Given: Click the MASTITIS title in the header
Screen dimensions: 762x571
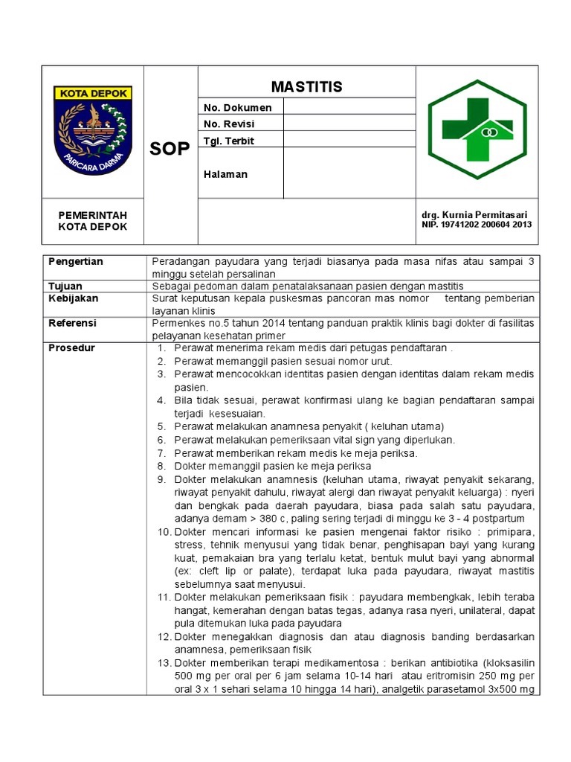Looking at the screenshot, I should point(306,87).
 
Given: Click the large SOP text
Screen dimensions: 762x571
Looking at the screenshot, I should point(170,148).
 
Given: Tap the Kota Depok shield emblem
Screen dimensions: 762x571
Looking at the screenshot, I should point(93,130).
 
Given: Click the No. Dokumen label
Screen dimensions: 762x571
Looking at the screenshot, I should point(237,107).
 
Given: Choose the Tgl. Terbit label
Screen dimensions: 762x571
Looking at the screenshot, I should point(229,141).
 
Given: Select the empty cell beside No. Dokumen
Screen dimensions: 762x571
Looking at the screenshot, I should point(349,107).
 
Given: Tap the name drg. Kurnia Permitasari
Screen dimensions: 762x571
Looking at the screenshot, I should point(475,215).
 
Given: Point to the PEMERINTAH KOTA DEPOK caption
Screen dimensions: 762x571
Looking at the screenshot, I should point(93,221).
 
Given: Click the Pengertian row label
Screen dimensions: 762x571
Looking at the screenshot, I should point(75,262).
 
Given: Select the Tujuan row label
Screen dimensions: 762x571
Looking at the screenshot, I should point(65,286).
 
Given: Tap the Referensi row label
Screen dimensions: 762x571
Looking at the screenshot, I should point(72,324).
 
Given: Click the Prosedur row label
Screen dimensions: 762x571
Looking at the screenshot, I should point(71,348).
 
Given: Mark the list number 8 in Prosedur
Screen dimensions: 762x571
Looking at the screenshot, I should point(161,466).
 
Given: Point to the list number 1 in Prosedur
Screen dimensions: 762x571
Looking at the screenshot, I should point(161,348).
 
